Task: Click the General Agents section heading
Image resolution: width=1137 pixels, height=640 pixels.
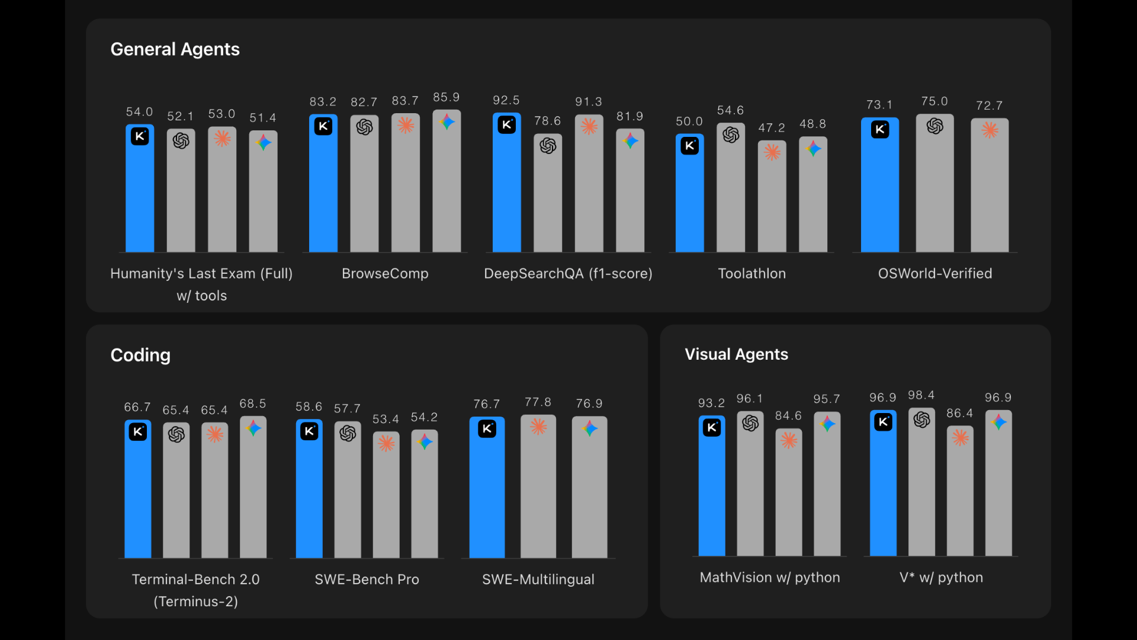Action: coord(175,49)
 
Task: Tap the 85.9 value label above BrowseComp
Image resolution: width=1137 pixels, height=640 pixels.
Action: coord(446,97)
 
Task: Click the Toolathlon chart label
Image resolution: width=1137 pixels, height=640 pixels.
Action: coord(751,274)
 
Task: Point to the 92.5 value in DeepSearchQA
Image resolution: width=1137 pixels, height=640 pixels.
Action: coord(506,100)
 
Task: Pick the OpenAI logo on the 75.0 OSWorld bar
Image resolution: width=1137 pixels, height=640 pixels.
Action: coord(934,126)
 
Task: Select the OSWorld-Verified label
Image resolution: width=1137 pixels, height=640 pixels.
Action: coord(934,274)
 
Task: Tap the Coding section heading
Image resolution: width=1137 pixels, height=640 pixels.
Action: coord(140,355)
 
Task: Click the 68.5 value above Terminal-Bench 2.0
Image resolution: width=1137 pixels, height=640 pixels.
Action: coord(253,404)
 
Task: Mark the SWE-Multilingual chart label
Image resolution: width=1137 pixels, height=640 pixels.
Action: coord(538,580)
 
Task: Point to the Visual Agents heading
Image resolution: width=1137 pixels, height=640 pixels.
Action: coord(736,354)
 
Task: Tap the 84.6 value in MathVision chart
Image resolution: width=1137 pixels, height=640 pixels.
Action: coord(788,416)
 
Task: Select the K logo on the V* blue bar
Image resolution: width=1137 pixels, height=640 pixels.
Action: coord(883,422)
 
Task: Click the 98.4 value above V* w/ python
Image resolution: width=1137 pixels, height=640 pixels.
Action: coord(921,395)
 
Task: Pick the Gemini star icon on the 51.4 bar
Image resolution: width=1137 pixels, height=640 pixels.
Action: coord(264,142)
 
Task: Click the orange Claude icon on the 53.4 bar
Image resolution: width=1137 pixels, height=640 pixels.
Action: coord(386,443)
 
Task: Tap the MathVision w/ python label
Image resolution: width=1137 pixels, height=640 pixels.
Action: coord(769,578)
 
